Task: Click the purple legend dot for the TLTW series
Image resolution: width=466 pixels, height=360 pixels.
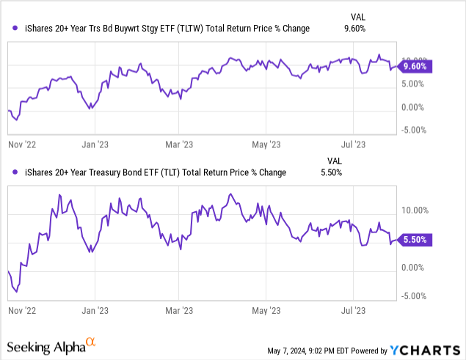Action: pyautogui.click(x=16, y=29)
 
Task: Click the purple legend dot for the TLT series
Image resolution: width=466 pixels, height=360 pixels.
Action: pyautogui.click(x=16, y=172)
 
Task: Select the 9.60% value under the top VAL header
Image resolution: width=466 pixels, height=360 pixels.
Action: pyautogui.click(x=355, y=29)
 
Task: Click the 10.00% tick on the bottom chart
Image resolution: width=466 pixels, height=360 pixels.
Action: pyautogui.click(x=415, y=210)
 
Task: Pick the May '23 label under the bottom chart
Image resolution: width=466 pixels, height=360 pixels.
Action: pyautogui.click(x=267, y=310)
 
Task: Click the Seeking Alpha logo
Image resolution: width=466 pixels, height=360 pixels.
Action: pyautogui.click(x=51, y=345)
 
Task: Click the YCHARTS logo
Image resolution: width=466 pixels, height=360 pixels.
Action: pyautogui.click(x=428, y=348)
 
